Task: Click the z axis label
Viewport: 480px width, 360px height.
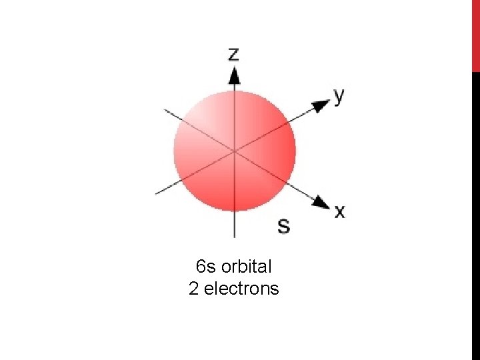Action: click(234, 54)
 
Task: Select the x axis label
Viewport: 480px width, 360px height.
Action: click(340, 211)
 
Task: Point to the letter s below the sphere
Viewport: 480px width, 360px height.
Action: click(283, 225)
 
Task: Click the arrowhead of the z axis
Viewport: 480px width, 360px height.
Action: click(234, 75)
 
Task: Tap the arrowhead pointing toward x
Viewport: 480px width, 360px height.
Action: click(323, 202)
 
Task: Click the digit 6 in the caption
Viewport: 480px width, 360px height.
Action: click(201, 267)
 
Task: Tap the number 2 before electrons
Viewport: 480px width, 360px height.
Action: click(194, 289)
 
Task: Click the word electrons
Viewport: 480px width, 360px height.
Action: click(241, 289)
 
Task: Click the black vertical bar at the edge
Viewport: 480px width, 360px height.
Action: click(475, 213)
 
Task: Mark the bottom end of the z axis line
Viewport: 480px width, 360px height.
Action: click(234, 236)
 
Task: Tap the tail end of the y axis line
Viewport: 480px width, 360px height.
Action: click(157, 193)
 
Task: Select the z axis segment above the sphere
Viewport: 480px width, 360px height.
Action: click(234, 87)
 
